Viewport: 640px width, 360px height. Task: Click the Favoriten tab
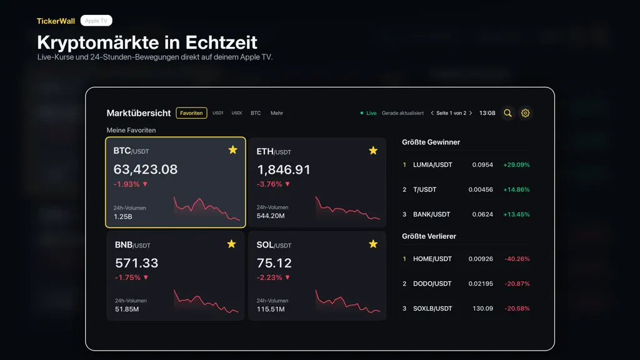coord(191,113)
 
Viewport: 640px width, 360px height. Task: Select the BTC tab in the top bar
coord(256,113)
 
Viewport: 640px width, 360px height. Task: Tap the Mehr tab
coord(277,113)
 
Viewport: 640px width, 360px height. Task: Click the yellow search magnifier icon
coord(507,113)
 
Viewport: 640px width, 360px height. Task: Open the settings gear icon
coord(525,113)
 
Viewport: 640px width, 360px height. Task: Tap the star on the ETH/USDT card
coord(373,151)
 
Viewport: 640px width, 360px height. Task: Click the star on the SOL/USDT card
coord(373,244)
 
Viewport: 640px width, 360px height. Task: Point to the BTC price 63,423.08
coord(145,169)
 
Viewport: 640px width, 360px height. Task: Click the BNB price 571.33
coord(136,263)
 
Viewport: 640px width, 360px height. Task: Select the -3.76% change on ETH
coord(269,184)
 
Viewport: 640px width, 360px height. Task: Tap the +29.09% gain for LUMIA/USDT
coord(516,165)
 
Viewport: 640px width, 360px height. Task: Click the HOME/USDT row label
coord(432,259)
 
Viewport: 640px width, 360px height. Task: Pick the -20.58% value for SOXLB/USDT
coord(517,309)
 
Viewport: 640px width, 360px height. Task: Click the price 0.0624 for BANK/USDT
coord(482,214)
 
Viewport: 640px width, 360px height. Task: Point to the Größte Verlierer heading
coord(429,236)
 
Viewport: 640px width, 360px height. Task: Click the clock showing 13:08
coord(487,113)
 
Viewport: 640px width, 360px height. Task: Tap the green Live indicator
coord(368,113)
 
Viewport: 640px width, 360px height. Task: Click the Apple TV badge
coord(96,21)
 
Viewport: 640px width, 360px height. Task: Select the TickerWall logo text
coord(56,21)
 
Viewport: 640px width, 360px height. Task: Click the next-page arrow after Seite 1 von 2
coord(471,113)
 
